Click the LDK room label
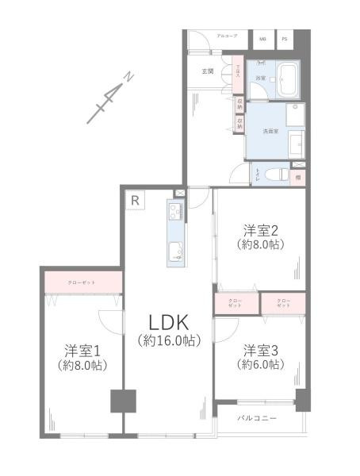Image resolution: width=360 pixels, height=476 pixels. [x=167, y=323]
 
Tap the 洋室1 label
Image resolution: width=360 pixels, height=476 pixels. [x=82, y=350]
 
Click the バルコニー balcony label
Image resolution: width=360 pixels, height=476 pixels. [x=259, y=419]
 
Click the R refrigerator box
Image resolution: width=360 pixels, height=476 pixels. [x=136, y=201]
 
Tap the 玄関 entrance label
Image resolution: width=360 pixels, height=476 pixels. [x=208, y=71]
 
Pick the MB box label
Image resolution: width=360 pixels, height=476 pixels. [x=262, y=38]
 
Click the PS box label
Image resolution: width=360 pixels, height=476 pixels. [x=284, y=38]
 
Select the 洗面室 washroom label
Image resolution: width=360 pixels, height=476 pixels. [x=259, y=132]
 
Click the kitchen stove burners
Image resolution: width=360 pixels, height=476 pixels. [x=175, y=212]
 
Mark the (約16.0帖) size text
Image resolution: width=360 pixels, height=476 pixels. [x=167, y=341]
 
